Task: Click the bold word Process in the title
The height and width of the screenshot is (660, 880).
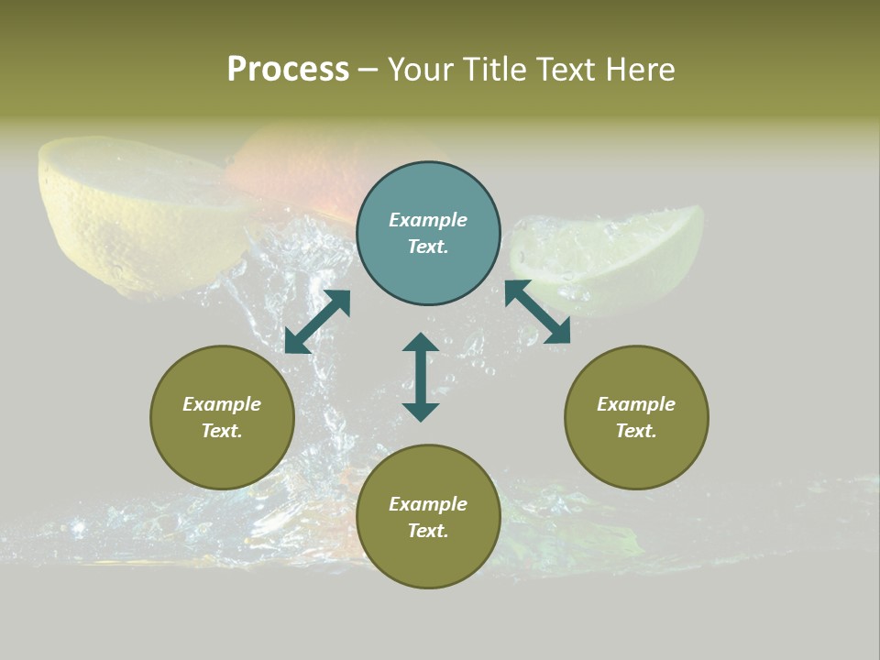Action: pyautogui.click(x=288, y=70)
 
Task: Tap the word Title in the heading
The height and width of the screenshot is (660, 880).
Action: pyautogui.click(x=492, y=70)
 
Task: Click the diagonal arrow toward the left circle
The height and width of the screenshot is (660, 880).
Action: pyautogui.click(x=317, y=322)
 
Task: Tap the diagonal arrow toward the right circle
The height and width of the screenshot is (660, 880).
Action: pyautogui.click(x=537, y=312)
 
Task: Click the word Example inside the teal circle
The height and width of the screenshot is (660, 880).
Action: pyautogui.click(x=428, y=220)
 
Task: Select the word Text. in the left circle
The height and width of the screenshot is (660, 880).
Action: pyautogui.click(x=222, y=431)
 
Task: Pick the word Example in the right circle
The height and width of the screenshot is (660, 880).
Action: pyautogui.click(x=636, y=404)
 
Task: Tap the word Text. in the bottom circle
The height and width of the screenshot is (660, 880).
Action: pyautogui.click(x=428, y=531)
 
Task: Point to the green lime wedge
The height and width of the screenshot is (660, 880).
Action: pyautogui.click(x=614, y=257)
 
